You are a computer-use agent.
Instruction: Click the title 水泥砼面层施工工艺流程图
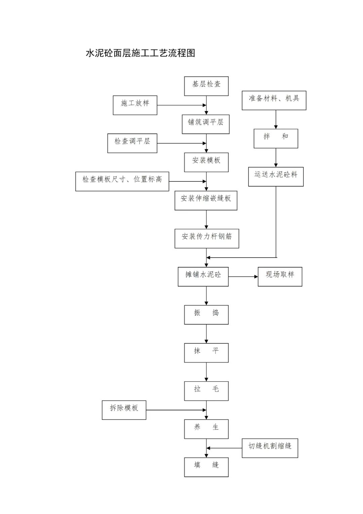point(140,53)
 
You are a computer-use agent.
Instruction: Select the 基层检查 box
point(206,86)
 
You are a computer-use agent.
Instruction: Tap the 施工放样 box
point(135,105)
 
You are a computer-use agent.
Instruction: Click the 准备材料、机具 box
point(274,100)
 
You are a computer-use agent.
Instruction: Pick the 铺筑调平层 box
point(206,124)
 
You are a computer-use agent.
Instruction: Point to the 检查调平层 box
point(132,143)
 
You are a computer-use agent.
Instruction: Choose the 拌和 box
point(276,138)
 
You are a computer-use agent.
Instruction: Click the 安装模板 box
point(206,162)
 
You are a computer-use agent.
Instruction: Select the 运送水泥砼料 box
point(276,176)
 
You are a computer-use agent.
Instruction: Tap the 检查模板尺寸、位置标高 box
point(122,181)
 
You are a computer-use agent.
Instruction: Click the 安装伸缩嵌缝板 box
point(206,200)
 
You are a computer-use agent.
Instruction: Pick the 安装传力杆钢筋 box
point(207,238)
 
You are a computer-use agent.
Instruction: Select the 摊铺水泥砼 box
point(203,276)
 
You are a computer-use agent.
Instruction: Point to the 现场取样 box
point(280,276)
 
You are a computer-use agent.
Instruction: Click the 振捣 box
point(206,315)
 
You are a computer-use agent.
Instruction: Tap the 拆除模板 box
point(124,410)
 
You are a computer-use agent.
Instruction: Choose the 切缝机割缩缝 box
point(270,448)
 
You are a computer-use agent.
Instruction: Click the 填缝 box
point(206,467)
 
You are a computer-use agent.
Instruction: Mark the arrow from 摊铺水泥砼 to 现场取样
point(243,276)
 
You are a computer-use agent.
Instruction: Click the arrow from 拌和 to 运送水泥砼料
point(276,158)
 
